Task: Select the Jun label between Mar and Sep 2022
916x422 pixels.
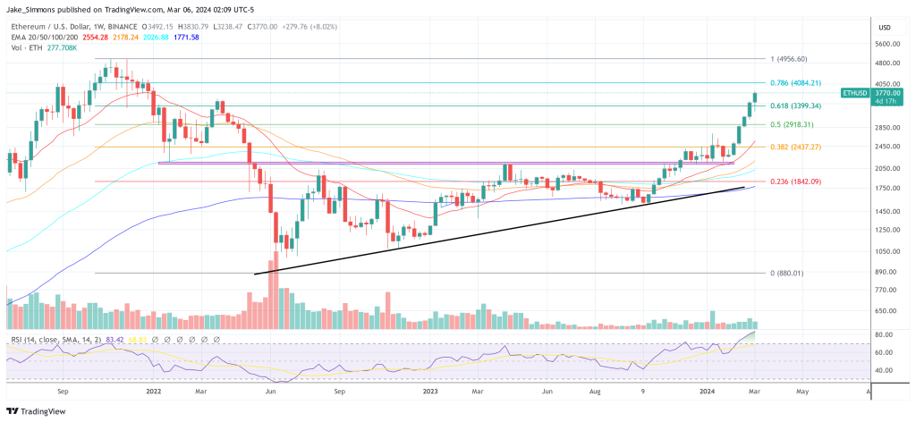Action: click(x=269, y=391)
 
